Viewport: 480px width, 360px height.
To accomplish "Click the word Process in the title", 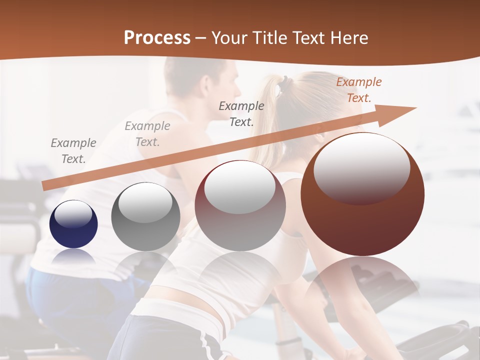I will point(157,38).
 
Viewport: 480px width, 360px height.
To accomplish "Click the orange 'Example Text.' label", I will point(358,90).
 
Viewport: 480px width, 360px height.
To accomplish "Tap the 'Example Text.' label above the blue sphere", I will point(73,151).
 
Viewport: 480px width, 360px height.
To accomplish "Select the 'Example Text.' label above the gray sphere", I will point(147,134).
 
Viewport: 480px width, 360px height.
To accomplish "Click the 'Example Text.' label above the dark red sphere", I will point(241,114).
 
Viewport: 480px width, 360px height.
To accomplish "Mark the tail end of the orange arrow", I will point(45,185).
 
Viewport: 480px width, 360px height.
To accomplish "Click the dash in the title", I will point(201,38).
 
